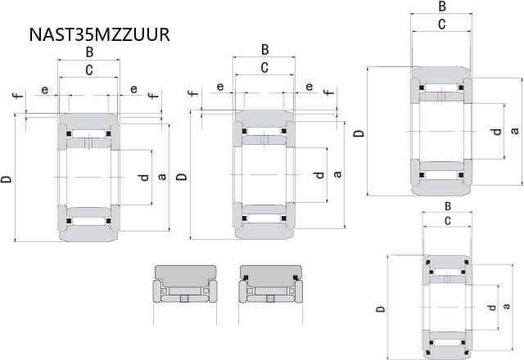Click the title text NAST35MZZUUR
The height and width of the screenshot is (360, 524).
pyautogui.click(x=100, y=34)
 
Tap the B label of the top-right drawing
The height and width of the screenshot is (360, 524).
pyautogui.click(x=442, y=7)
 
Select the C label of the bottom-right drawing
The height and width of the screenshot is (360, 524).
pyautogui.click(x=448, y=221)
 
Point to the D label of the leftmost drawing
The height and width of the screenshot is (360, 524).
pyautogui.click(x=6, y=178)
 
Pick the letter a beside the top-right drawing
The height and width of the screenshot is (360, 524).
pyautogui.click(x=515, y=130)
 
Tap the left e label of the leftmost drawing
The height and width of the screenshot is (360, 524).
pyautogui.click(x=44, y=90)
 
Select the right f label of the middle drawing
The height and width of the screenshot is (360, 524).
pyautogui.click(x=329, y=91)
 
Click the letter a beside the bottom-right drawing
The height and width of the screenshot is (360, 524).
pyautogui.click(x=506, y=306)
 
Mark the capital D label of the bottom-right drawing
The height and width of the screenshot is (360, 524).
pyautogui.click(x=380, y=308)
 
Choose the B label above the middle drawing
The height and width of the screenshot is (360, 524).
pyautogui.click(x=265, y=50)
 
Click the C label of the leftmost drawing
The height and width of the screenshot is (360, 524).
pyautogui.click(x=89, y=70)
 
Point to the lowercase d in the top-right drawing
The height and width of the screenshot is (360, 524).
pyautogui.click(x=497, y=132)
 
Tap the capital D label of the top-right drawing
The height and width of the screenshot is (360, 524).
pyautogui.click(x=359, y=133)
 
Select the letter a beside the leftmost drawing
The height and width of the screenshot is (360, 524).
pyautogui.click(x=162, y=177)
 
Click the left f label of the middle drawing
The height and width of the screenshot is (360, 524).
pyautogui.click(x=193, y=92)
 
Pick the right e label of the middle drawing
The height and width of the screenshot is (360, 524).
pyautogui.click(x=309, y=87)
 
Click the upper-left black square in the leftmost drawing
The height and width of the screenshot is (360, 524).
pyautogui.click(x=69, y=134)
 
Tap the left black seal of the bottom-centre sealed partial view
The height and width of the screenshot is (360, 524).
pyautogui.click(x=246, y=277)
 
